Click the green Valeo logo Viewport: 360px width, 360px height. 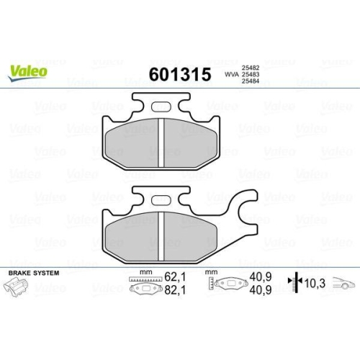29,70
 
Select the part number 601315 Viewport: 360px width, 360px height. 179,75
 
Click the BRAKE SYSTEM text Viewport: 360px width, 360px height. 33,274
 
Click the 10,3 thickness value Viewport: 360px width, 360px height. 315,283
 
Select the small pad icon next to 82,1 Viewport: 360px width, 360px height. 145,289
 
